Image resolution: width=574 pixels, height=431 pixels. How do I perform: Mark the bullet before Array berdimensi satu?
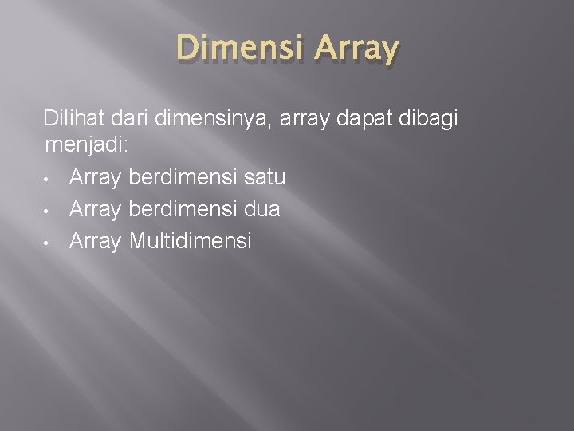point(49,177)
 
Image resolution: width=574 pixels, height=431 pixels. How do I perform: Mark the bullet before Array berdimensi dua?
point(49,209)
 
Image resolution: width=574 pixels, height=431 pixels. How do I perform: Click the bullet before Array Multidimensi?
point(49,240)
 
